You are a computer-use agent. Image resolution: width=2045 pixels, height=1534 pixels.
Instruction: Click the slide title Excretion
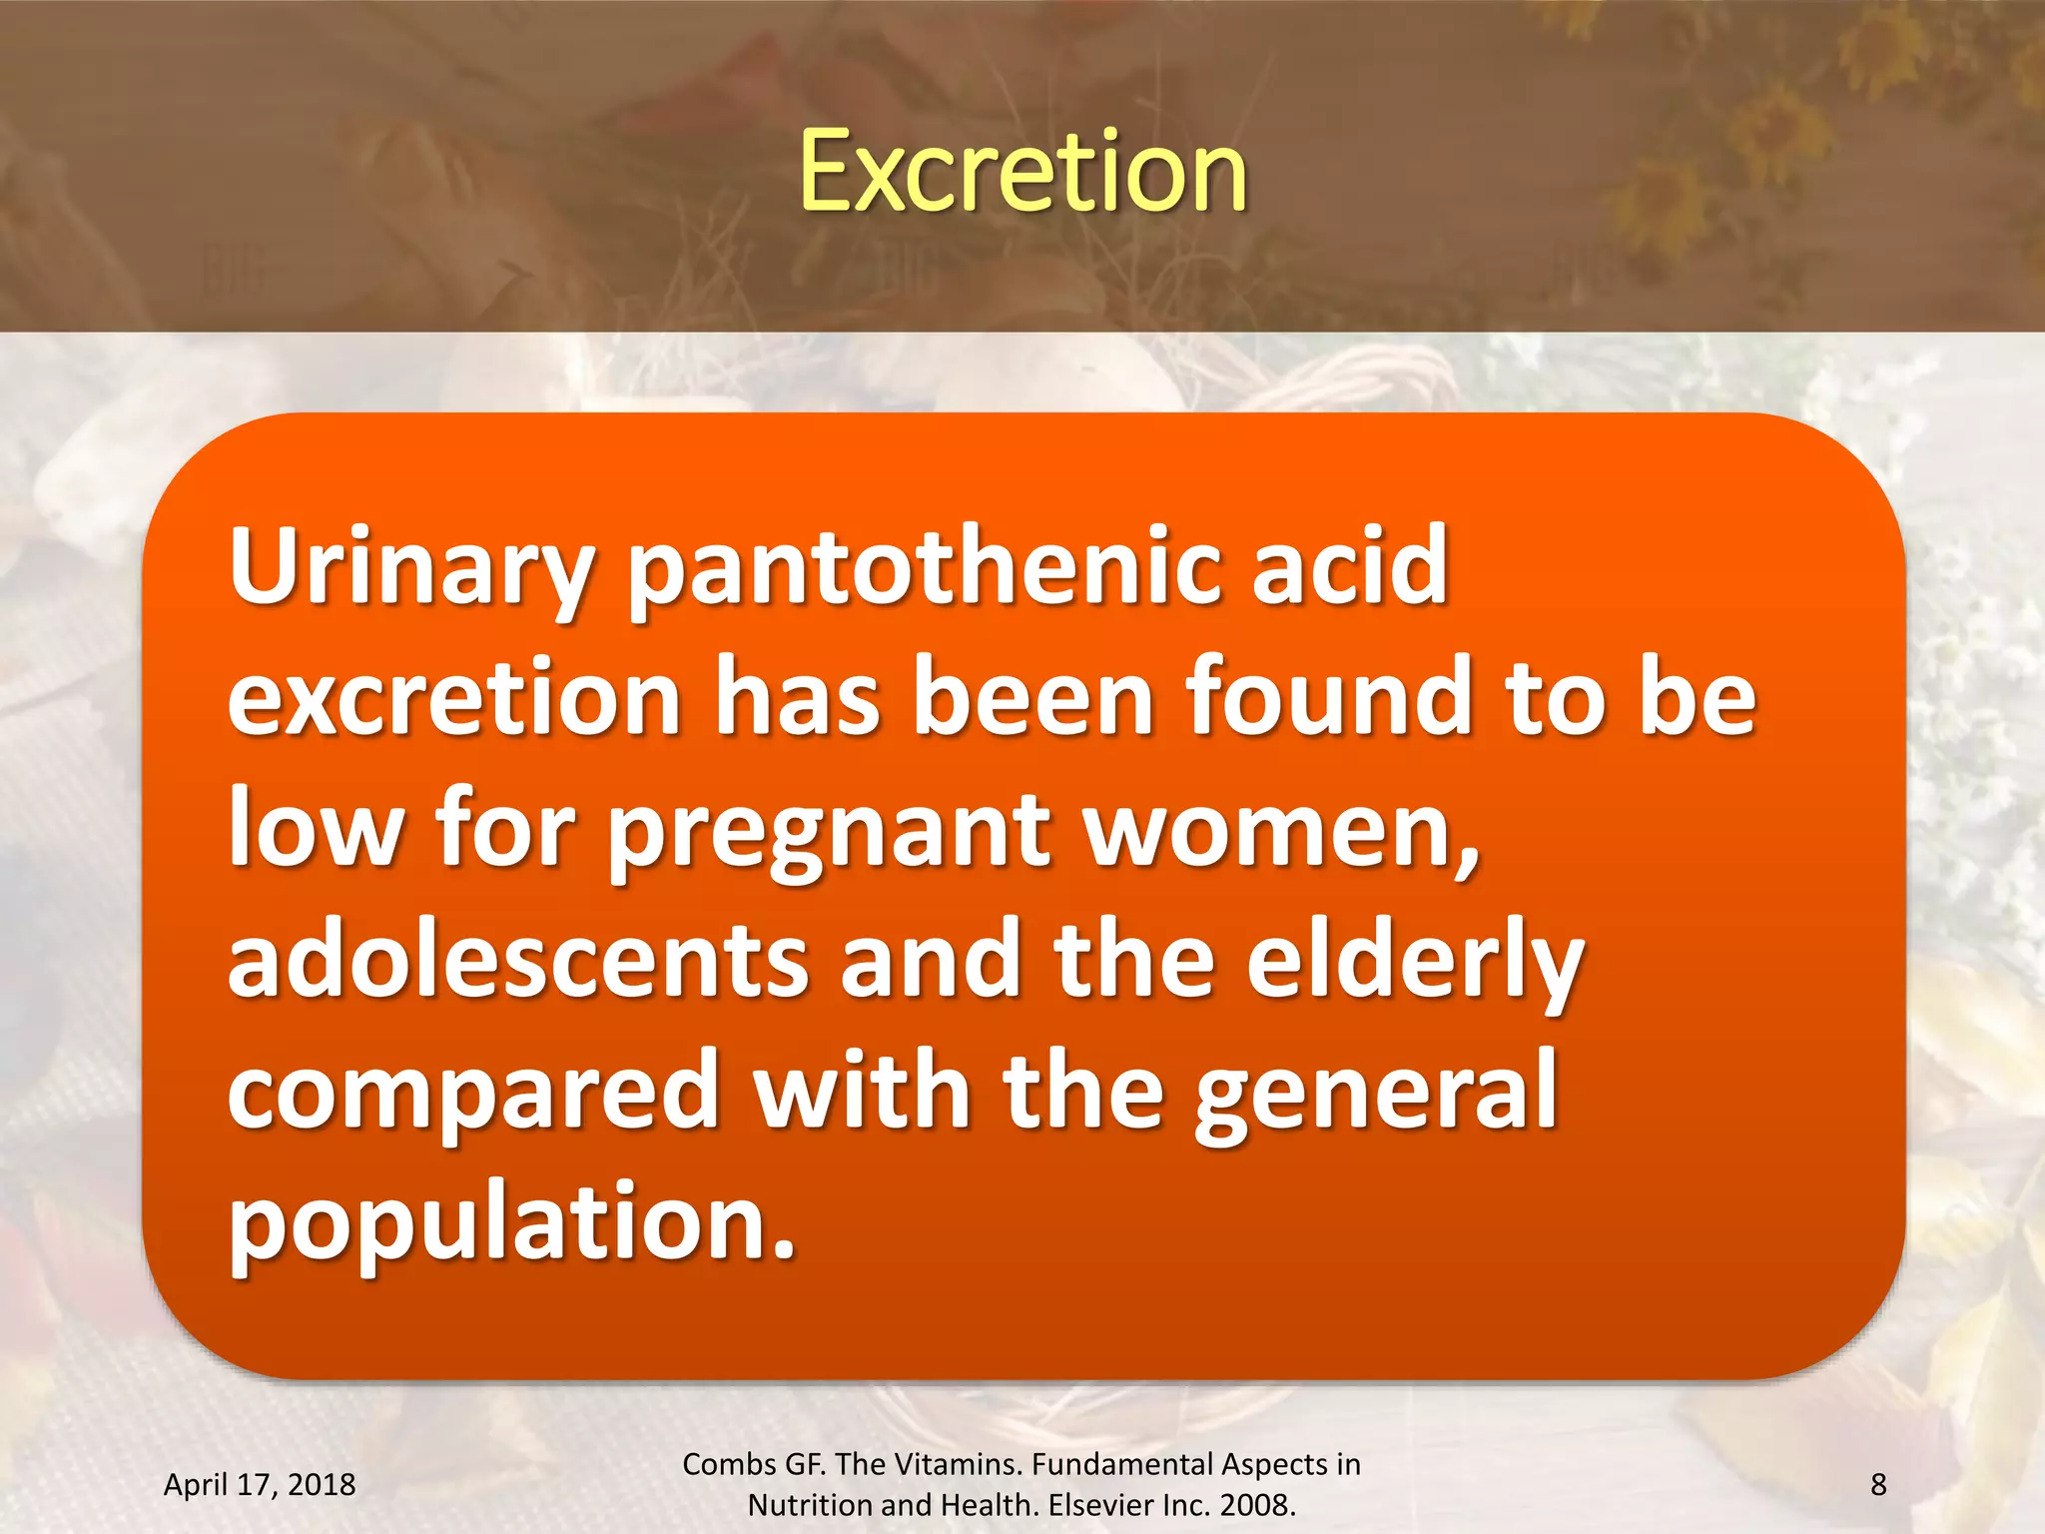[1022, 172]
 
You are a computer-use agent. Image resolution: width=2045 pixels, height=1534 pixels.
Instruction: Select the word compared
[473, 1091]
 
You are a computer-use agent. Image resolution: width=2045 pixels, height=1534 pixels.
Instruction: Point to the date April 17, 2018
[260, 1485]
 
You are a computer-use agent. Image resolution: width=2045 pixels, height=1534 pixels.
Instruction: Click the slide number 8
[1878, 1485]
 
